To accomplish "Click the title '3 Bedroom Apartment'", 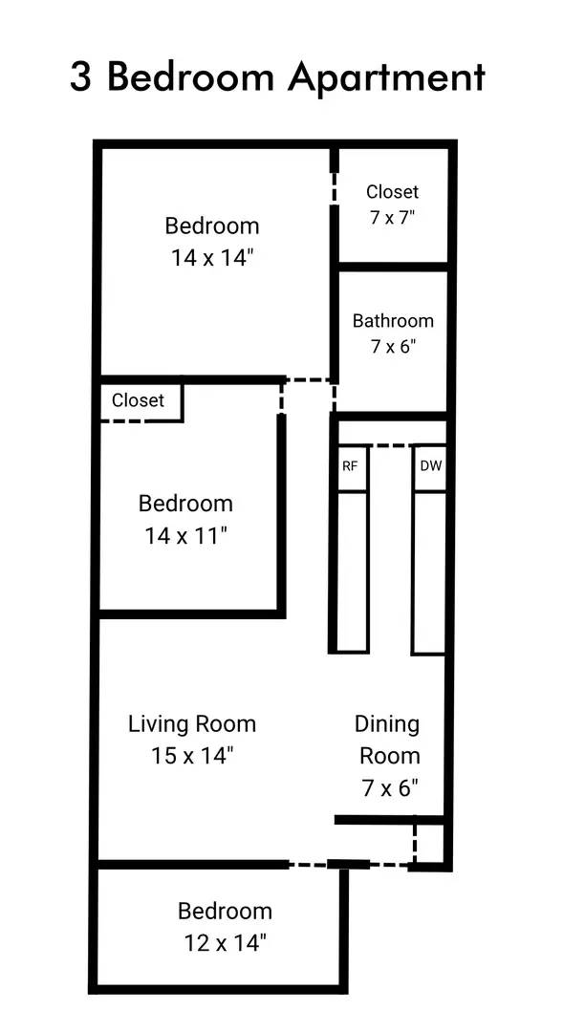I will click(x=277, y=77).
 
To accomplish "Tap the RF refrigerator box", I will click(x=351, y=468).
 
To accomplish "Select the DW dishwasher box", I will click(x=430, y=468).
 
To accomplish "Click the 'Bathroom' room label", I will click(x=392, y=321).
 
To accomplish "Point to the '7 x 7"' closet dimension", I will click(x=392, y=217).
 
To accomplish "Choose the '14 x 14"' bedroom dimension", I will click(x=212, y=258).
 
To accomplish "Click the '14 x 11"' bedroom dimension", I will click(x=185, y=536).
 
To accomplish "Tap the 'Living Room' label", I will click(x=192, y=723).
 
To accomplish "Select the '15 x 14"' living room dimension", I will click(x=192, y=756).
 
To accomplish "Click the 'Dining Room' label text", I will click(x=388, y=740).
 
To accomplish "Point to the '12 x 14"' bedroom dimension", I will click(x=225, y=943).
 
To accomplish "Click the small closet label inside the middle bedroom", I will click(x=138, y=400).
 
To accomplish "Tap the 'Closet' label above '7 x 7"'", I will click(x=392, y=192).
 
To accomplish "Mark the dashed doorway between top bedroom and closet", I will click(x=334, y=187).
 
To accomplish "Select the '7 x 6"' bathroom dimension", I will click(x=392, y=346).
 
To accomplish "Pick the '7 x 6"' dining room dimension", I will click(x=388, y=788).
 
